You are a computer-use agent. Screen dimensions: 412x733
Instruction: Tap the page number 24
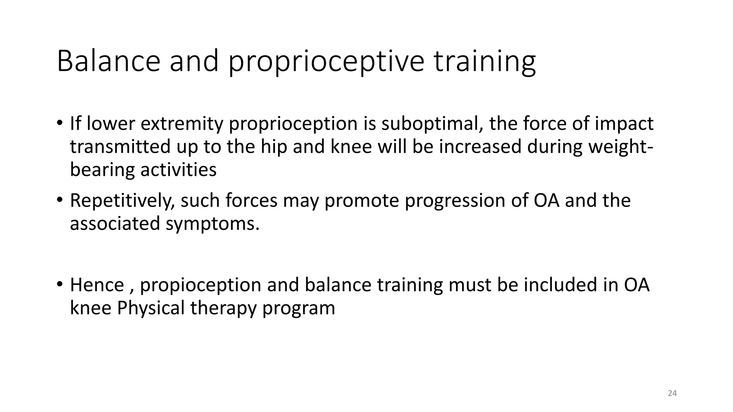672,393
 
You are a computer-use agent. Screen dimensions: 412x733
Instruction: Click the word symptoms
212,224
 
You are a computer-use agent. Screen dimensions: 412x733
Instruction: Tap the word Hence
97,285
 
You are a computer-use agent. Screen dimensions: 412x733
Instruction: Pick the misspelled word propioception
200,285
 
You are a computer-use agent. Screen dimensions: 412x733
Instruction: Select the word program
298,308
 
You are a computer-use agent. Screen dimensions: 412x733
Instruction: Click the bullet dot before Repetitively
59,200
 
